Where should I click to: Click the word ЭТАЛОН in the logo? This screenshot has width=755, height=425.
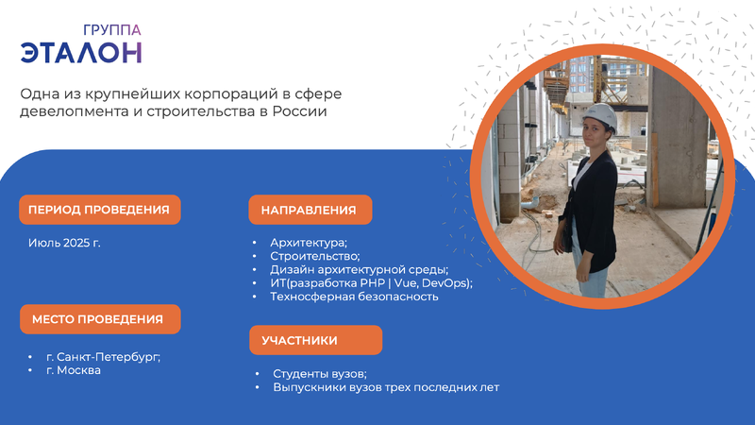[81, 53]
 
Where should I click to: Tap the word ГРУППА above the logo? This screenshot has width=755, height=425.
[112, 30]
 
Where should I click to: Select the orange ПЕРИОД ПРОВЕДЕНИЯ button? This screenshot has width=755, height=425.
[100, 210]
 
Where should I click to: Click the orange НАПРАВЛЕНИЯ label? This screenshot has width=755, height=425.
[310, 210]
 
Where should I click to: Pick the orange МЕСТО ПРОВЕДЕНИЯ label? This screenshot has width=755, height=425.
[100, 319]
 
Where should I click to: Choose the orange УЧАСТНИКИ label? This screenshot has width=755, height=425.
[316, 340]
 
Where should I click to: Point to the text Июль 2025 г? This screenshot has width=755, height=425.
[64, 243]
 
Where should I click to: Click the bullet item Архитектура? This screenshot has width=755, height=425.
[309, 243]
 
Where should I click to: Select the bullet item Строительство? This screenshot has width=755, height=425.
[315, 256]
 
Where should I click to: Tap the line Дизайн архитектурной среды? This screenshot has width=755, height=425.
[360, 269]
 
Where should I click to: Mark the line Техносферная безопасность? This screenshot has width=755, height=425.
[354, 297]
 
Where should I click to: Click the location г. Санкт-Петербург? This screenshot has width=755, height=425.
[104, 357]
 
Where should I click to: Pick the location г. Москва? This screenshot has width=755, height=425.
[74, 370]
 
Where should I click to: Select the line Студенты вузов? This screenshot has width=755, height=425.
[320, 374]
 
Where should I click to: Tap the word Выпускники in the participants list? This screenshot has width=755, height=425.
[310, 387]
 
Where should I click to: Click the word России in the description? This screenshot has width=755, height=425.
[299, 111]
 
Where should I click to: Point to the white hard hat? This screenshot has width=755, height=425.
[600, 116]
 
